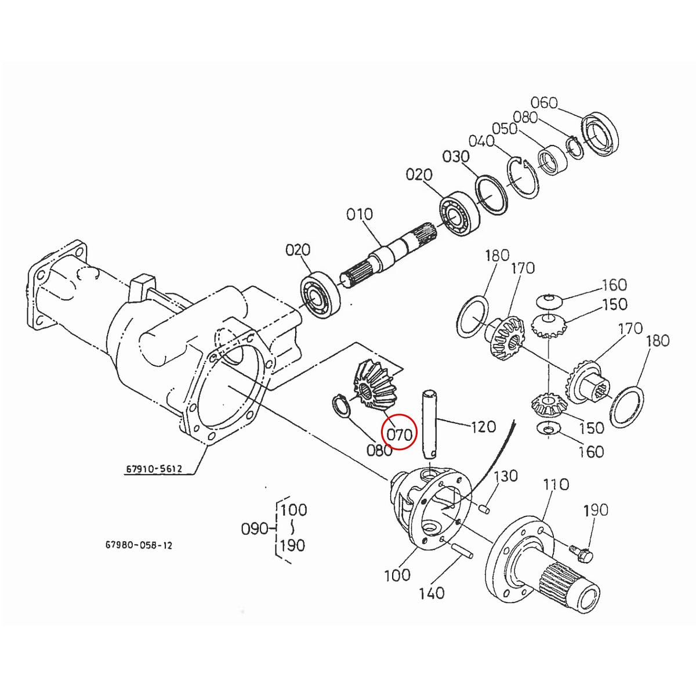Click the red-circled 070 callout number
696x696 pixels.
click(399, 433)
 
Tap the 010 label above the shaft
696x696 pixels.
click(360, 215)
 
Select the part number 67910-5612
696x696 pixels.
click(154, 468)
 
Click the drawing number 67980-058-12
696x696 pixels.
click(139, 546)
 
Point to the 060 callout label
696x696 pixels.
click(544, 103)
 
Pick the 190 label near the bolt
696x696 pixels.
click(596, 510)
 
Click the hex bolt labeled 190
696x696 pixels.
click(580, 552)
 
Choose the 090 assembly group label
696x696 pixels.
click(255, 529)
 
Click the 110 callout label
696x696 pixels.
click(556, 484)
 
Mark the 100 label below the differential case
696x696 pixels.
click(397, 575)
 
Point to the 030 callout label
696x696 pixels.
click(456, 157)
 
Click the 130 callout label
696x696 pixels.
click(505, 476)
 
